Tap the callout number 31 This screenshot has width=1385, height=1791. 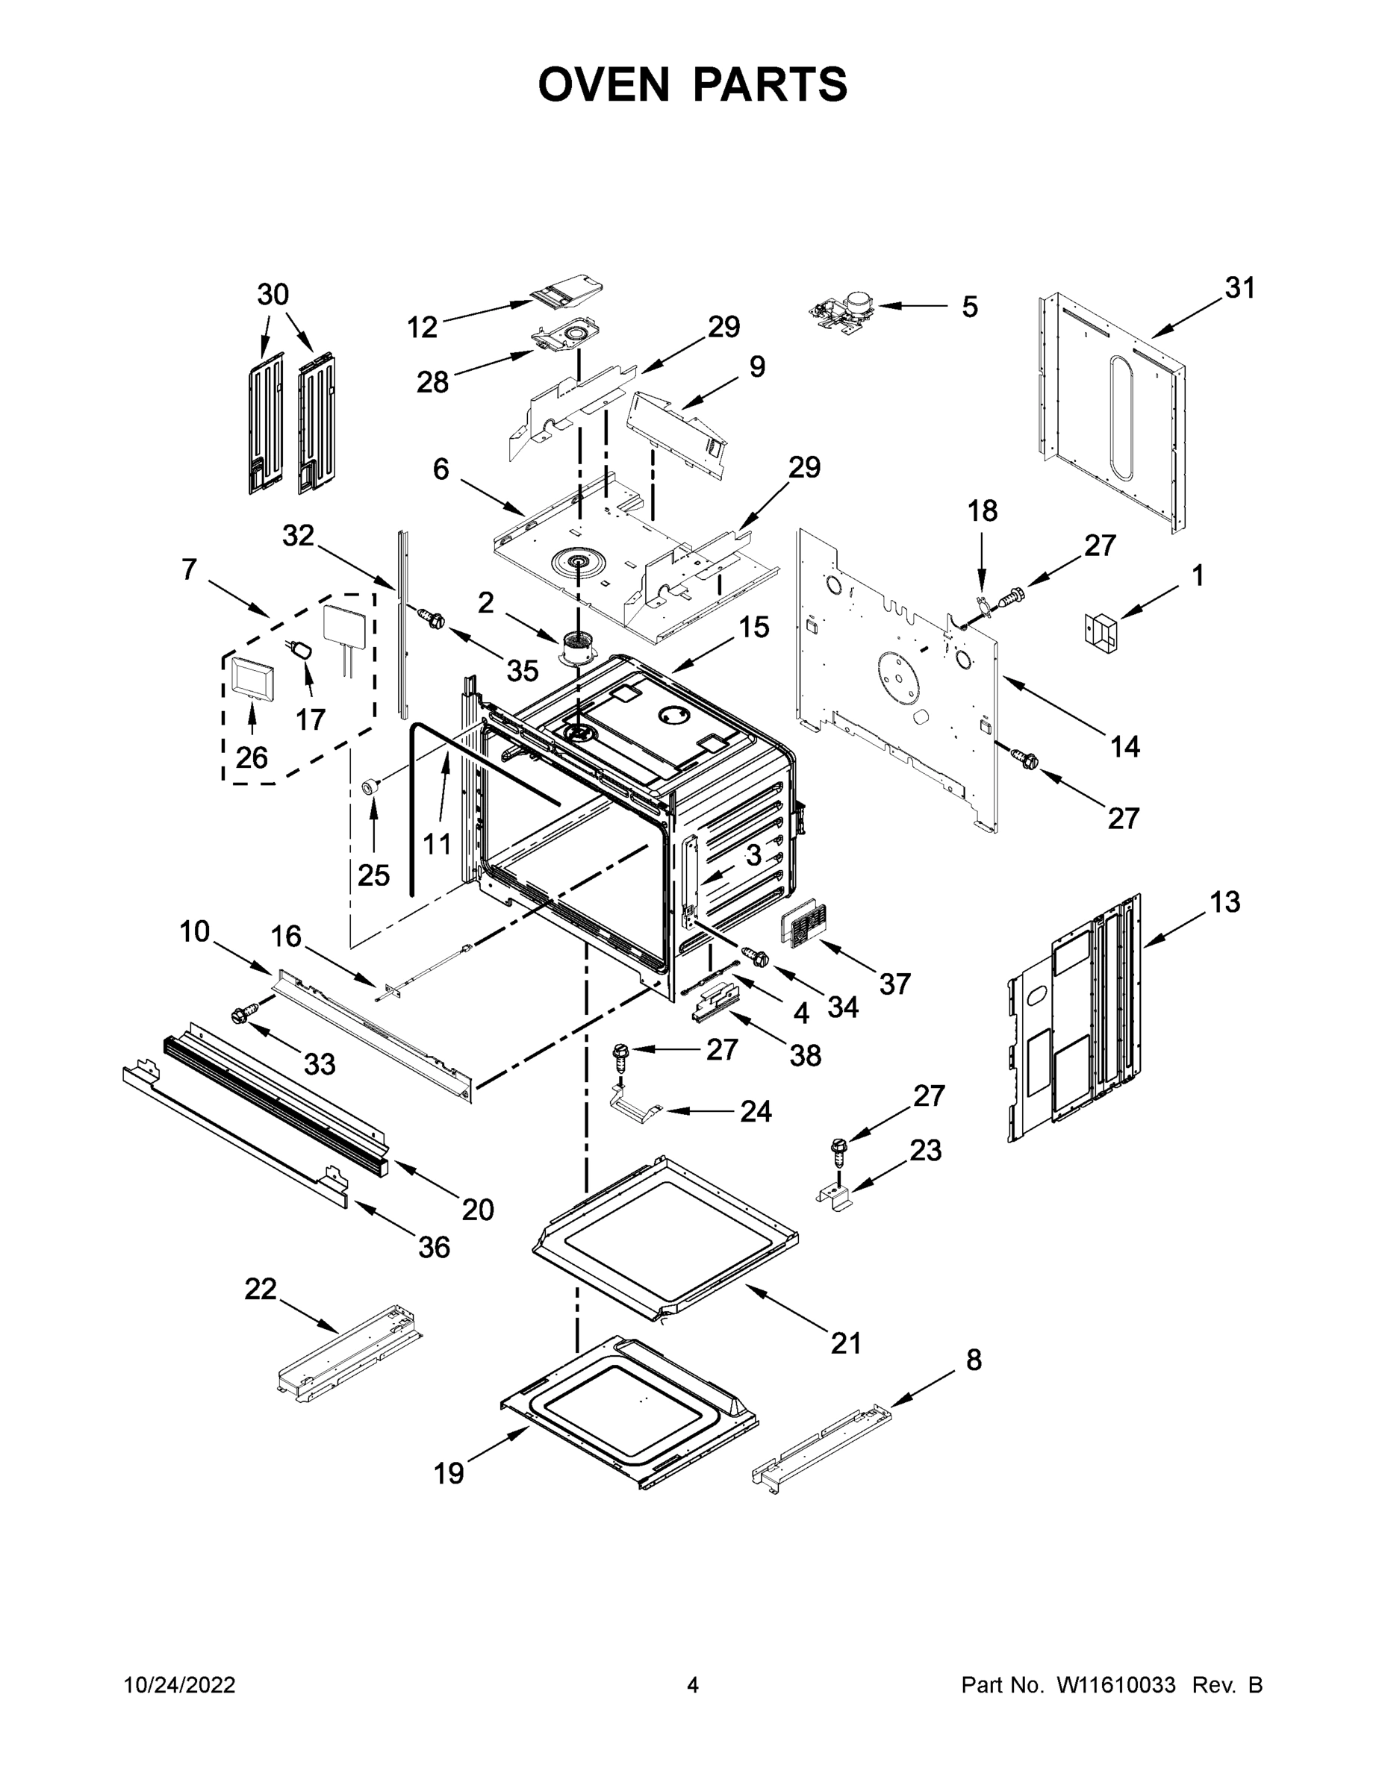coord(1239,288)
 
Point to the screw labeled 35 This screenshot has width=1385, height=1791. coord(432,619)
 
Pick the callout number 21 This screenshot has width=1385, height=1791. coord(847,1343)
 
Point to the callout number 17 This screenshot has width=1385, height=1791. coord(310,719)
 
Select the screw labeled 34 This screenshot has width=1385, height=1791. coord(755,955)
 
